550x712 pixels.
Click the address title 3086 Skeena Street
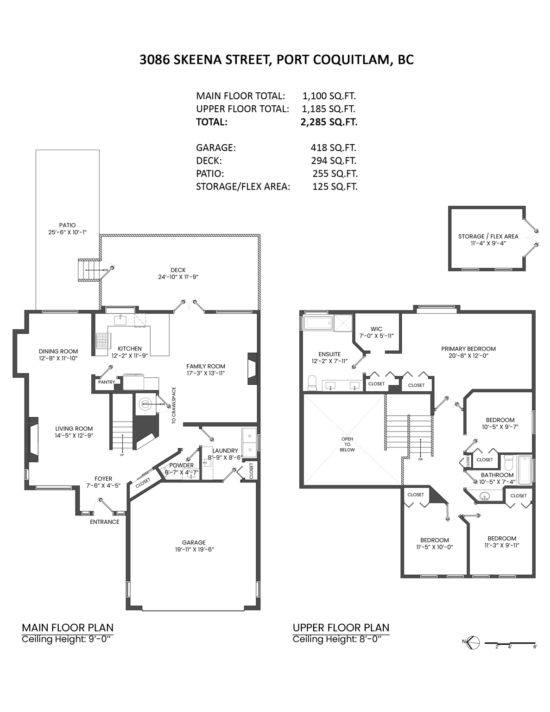(276, 60)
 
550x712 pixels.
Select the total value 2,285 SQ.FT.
(329, 122)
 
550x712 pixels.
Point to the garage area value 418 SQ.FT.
(333, 148)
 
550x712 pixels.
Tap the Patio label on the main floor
(67, 225)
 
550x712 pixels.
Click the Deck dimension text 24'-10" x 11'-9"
(178, 277)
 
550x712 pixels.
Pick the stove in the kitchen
(101, 341)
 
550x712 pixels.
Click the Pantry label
(106, 382)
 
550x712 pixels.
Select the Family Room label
(206, 366)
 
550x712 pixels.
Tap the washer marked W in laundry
(250, 436)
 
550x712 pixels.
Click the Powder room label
(181, 465)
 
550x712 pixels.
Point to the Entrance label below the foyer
(104, 522)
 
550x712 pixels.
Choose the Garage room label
(194, 542)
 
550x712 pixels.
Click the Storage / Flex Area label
(488, 236)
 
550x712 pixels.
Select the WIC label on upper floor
(376, 329)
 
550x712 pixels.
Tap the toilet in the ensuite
(312, 383)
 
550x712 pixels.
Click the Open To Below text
(347, 444)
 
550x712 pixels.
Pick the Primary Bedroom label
(468, 349)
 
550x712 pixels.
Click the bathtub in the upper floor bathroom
(525, 470)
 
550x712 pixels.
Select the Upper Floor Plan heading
(341, 628)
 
